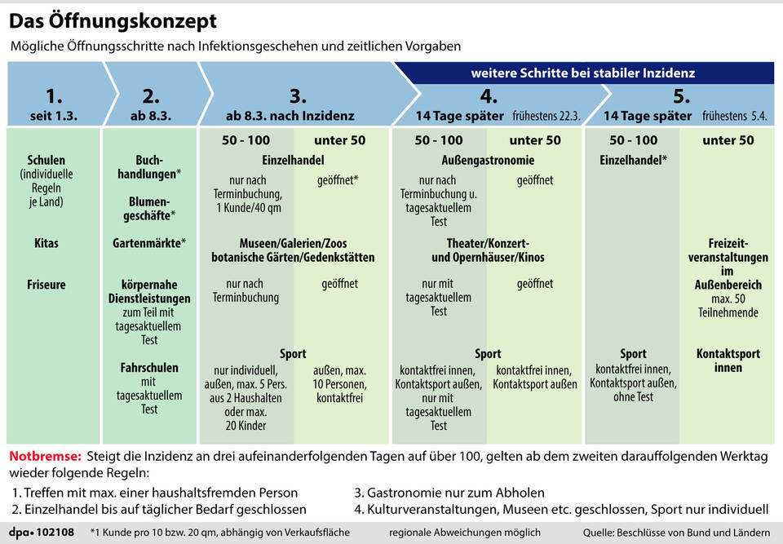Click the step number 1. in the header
tap(54, 96)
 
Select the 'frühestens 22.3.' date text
tap(546, 116)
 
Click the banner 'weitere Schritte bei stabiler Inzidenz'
tap(582, 73)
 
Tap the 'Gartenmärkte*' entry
tap(149, 243)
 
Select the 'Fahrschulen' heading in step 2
tap(149, 368)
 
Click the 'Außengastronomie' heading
tap(488, 161)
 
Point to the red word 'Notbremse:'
tap(45, 457)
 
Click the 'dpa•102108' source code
tap(42, 533)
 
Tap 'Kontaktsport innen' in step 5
tap(728, 360)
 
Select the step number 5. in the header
tap(681, 96)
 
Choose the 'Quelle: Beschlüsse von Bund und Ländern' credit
tap(676, 533)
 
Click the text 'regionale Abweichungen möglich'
tap(465, 533)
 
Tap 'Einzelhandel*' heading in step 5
tap(633, 161)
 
